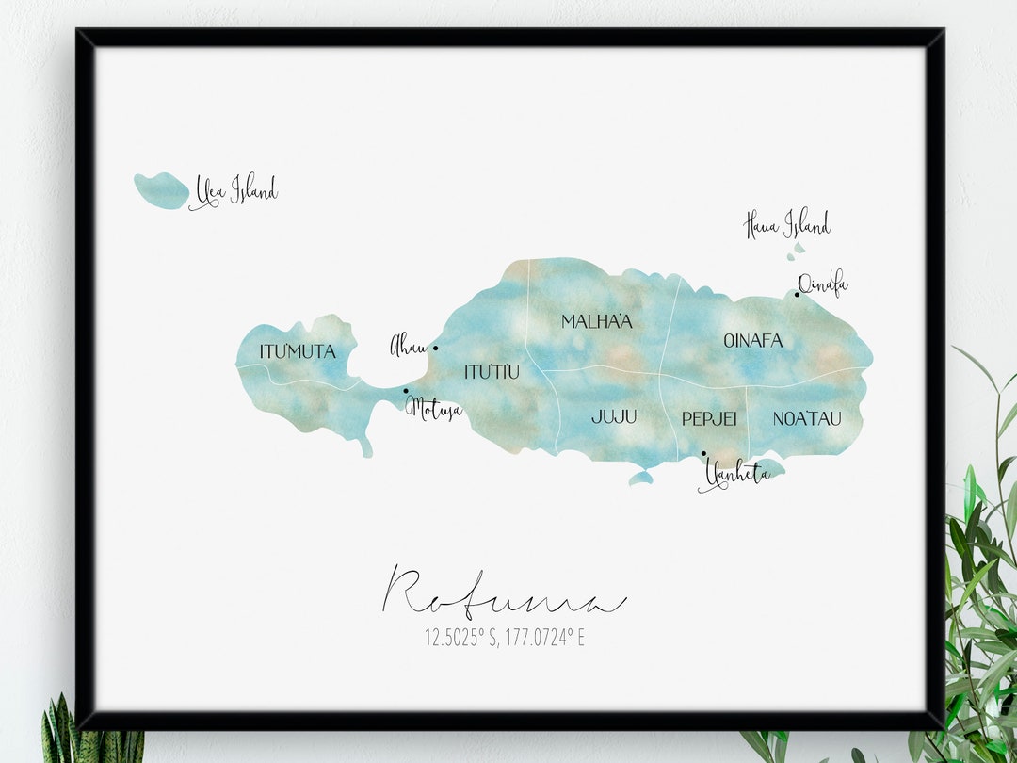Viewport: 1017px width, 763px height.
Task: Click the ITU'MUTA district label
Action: click(x=298, y=351)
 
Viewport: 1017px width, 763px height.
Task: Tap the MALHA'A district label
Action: click(x=596, y=321)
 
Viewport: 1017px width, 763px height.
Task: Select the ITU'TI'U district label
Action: click(x=492, y=372)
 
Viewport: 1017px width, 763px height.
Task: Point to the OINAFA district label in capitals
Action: click(x=752, y=341)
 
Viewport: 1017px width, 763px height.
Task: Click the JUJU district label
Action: click(x=614, y=416)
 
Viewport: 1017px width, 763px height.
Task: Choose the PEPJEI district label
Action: click(x=708, y=418)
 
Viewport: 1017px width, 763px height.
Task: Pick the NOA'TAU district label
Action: click(x=806, y=418)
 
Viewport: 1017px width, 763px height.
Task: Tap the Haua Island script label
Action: click(x=787, y=225)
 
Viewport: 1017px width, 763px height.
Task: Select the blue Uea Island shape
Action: click(x=161, y=190)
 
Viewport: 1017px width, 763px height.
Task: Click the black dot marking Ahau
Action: click(x=435, y=348)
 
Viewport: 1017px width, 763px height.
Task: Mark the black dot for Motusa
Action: click(x=406, y=391)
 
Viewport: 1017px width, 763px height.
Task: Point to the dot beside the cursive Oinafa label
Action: click(x=797, y=295)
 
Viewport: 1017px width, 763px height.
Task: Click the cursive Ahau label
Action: click(x=408, y=347)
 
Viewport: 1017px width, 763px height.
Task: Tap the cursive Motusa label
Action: click(x=434, y=410)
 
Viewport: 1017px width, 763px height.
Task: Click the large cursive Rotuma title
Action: click(x=504, y=593)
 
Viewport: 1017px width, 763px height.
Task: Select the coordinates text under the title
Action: click(x=504, y=638)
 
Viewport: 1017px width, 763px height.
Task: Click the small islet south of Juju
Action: click(x=640, y=479)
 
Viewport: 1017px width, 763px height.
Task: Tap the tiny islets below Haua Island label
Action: click(x=797, y=251)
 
